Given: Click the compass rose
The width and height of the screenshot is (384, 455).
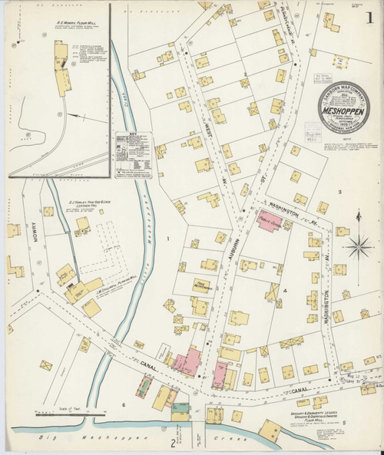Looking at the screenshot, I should [359, 248].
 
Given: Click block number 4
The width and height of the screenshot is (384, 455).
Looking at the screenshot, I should [283, 292].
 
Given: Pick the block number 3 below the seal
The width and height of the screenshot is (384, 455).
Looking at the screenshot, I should [339, 191].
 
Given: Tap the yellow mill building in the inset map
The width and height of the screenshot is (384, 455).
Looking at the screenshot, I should [58, 68].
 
